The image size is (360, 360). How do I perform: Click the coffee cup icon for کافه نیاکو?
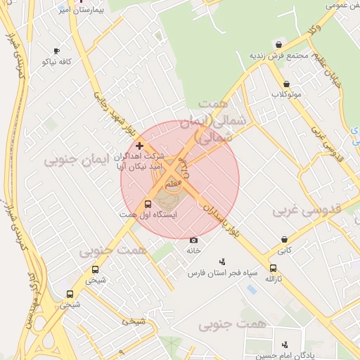[x=57, y=51]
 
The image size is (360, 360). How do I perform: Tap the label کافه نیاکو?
[x=57, y=62]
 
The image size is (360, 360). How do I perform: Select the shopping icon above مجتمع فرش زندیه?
[x=279, y=44]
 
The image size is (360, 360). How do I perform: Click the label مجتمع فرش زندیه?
[x=279, y=56]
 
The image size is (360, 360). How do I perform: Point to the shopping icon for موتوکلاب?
[x=286, y=83]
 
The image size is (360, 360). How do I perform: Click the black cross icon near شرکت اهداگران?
[x=139, y=146]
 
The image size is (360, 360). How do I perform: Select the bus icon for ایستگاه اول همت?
[x=147, y=203]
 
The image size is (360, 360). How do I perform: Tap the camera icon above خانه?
[x=194, y=240]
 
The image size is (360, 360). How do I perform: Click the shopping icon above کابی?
[x=284, y=239]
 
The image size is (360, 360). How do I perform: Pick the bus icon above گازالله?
[x=273, y=268]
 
